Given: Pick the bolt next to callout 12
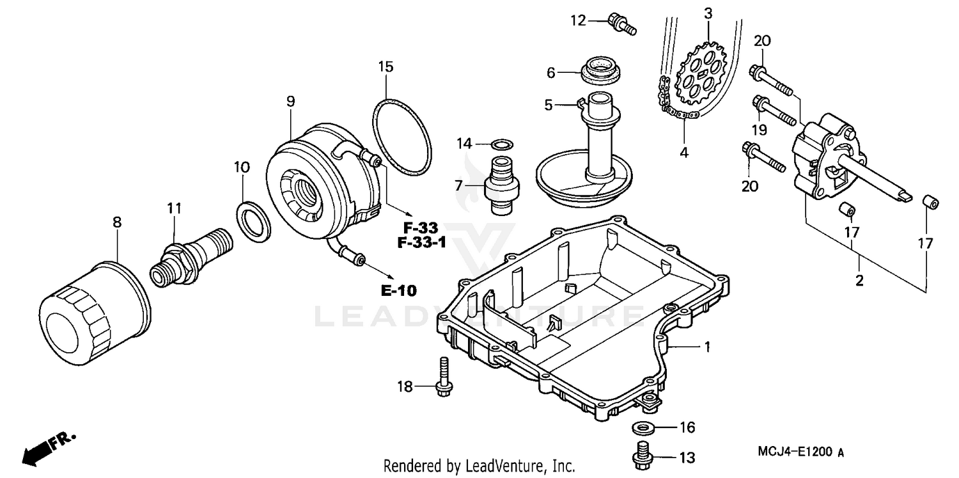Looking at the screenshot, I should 622,22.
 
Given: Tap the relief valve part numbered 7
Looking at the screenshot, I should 502,181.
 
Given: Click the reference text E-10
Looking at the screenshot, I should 398,291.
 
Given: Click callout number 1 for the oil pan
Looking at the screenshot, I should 707,347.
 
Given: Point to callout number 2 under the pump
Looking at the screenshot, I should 859,280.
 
